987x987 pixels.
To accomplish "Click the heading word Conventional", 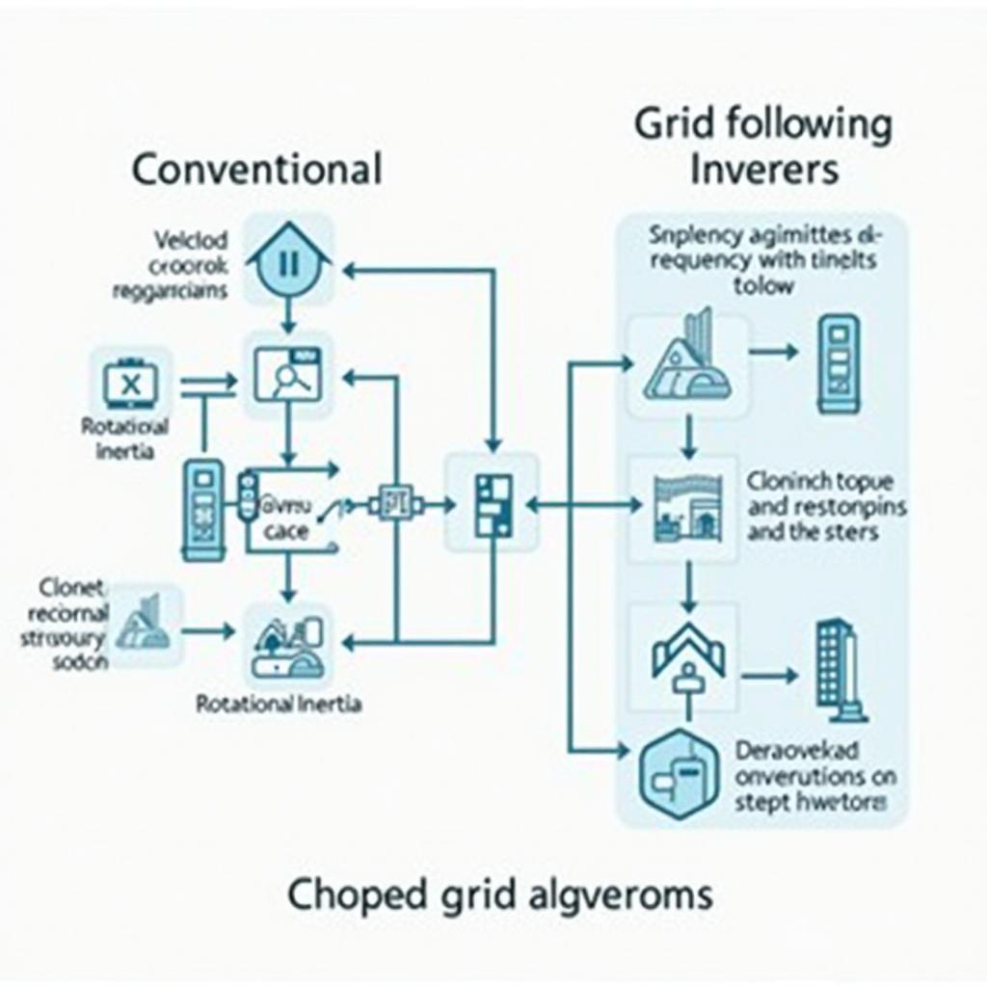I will [256, 169].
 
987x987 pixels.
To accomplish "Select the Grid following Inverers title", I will [762, 147].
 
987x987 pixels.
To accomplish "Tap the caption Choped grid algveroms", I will [500, 894].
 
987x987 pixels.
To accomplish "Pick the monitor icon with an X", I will [131, 384].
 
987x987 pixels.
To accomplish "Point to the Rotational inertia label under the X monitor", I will [125, 439].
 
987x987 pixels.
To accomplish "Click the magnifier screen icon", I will [287, 376].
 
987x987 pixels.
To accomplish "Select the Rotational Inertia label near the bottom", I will [279, 705].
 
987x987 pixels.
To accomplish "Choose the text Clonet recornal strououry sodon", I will [66, 625].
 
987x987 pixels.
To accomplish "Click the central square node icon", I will [490, 503].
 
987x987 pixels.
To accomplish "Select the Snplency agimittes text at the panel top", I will [762, 258].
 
